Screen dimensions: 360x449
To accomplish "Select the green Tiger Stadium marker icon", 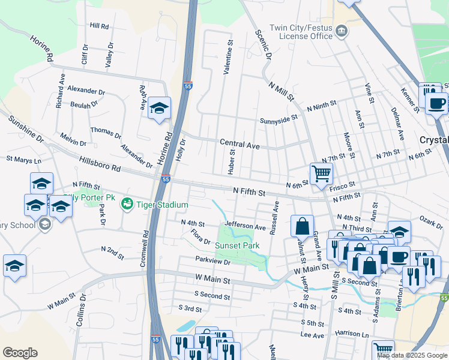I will tap(127, 204).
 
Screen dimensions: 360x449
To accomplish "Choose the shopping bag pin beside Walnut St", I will tap(303, 227).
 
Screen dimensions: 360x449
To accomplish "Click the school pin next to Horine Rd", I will tap(159, 108).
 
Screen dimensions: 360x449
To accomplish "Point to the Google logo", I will tap(20, 353).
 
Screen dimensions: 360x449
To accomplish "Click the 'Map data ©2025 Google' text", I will tap(412, 355).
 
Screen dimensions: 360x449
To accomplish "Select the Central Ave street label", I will tap(240, 145).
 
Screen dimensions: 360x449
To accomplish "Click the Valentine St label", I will tap(228, 57).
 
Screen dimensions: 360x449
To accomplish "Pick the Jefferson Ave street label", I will tap(245, 227).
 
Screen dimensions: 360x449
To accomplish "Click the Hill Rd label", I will tap(99, 26).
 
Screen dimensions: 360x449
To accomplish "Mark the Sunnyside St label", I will tap(279, 120).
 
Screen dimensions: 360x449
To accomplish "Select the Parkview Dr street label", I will tap(212, 262).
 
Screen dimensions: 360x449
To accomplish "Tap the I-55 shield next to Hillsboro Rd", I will tap(166, 179).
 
